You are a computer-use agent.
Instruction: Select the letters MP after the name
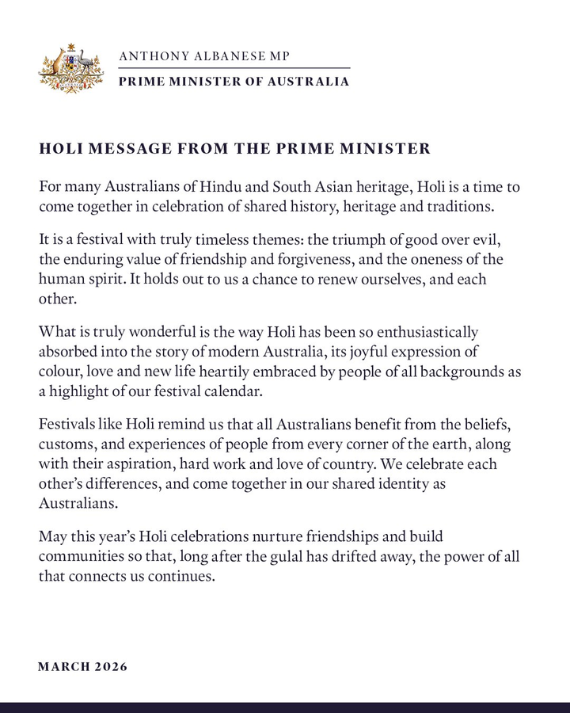[279, 56]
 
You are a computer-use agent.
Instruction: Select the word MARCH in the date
[63, 666]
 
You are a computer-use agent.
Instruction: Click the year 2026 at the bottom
[110, 666]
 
